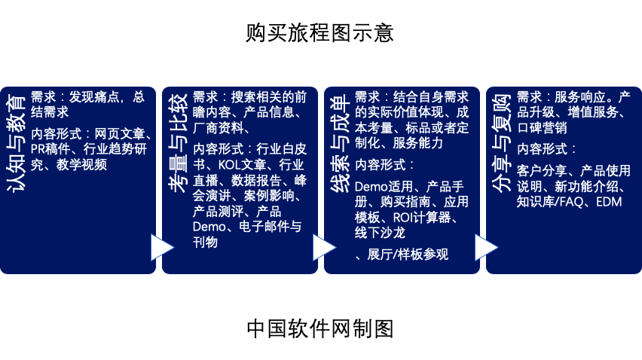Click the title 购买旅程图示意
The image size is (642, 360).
coord(320,33)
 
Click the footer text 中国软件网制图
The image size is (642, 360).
coord(320,328)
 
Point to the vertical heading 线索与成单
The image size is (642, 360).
coord(341,143)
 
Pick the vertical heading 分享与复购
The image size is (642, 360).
coord(503,143)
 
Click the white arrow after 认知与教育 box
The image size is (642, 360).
coord(162,248)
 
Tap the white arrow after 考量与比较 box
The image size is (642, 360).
coord(324,248)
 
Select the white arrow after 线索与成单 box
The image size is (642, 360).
coord(486,248)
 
